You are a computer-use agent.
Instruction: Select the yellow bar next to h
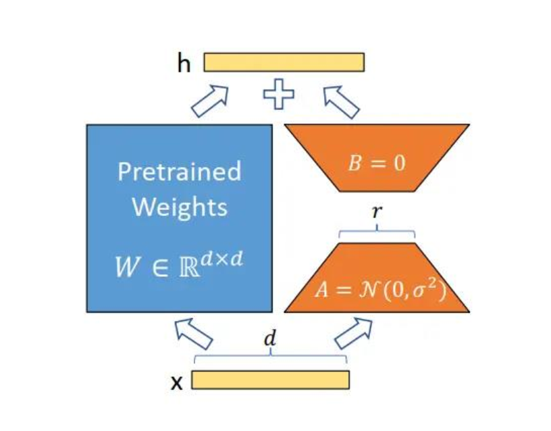point(284,62)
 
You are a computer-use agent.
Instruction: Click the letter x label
point(177,382)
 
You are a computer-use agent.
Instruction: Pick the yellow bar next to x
point(271,380)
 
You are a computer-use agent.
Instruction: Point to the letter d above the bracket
point(270,338)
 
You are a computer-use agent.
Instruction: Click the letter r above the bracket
point(377,211)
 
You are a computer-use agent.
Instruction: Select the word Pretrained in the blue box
point(179,172)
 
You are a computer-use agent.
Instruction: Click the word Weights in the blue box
point(179,207)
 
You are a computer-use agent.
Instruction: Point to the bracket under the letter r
point(377,232)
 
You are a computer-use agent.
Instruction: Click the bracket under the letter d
point(270,356)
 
